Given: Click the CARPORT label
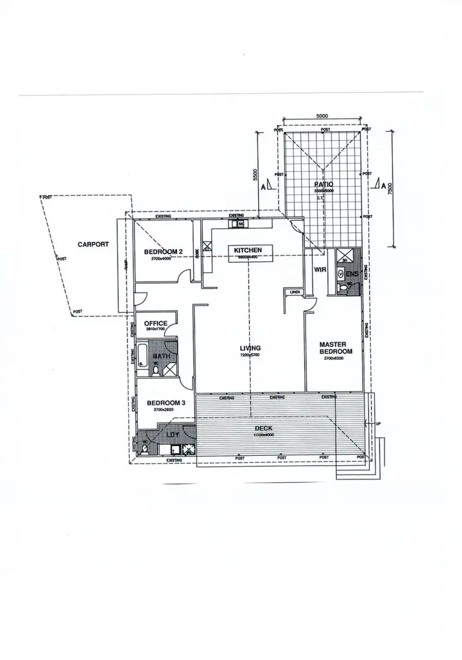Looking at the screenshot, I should pyautogui.click(x=93, y=244).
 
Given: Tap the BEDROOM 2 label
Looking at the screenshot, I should pyautogui.click(x=163, y=252).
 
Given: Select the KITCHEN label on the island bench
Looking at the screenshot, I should pyautogui.click(x=248, y=250).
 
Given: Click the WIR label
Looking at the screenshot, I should pyautogui.click(x=320, y=270).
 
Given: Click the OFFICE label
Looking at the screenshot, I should pyautogui.click(x=156, y=323).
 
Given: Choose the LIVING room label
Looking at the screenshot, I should pyautogui.click(x=250, y=349).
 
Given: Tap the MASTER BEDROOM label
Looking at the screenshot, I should pyautogui.click(x=336, y=348).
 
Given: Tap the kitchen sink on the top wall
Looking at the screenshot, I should pyautogui.click(x=238, y=225).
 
